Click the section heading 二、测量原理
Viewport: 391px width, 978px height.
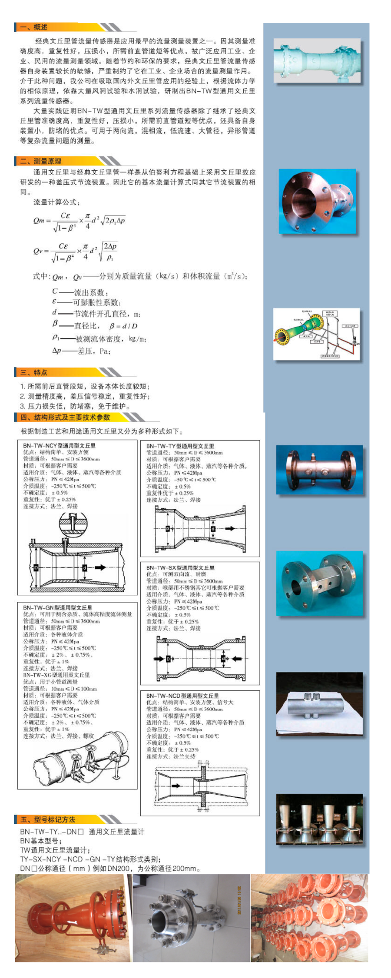pos(41,161)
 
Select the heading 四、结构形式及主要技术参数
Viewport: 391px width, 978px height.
pos(65,417)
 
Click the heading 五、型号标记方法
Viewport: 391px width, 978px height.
pos(48,819)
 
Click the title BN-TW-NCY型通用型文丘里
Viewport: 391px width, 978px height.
pos(59,445)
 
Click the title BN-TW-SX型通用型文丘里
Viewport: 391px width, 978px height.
pos(180,567)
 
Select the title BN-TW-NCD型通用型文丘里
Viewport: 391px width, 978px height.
pos(182,696)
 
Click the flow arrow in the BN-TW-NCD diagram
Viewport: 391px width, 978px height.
pos(176,786)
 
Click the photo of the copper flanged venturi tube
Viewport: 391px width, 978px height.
pos(317,202)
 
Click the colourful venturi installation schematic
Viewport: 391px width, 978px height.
pos(316,334)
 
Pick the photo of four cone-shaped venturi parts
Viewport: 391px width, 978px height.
pos(319,820)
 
